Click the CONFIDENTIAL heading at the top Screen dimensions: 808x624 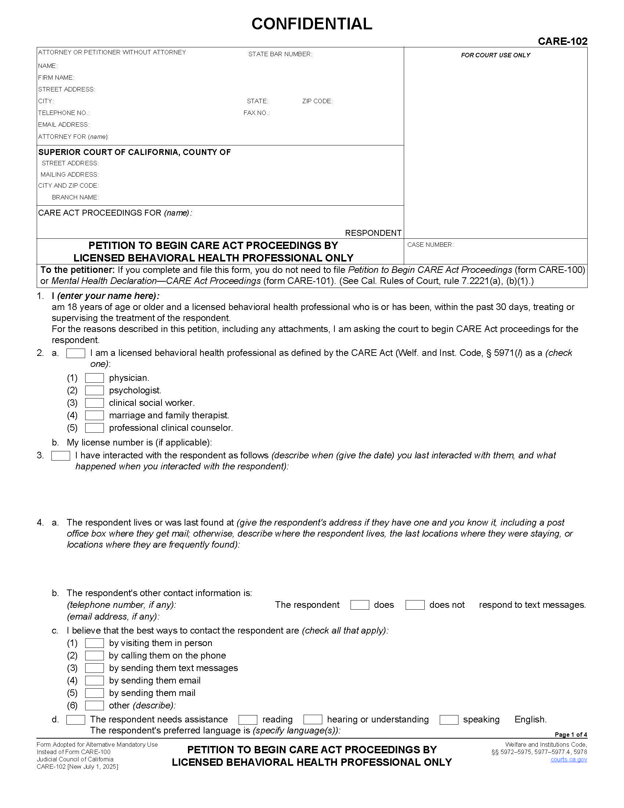coord(312,24)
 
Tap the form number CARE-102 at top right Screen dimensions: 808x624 coord(562,41)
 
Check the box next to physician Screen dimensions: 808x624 coord(94,378)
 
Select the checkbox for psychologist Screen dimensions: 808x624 coord(94,390)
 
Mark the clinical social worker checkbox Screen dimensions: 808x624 coord(94,403)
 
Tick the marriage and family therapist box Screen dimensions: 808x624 coord(94,415)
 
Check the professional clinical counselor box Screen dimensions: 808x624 coord(94,428)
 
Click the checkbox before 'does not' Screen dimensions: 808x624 coord(415,605)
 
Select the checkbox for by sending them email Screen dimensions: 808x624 coord(94,680)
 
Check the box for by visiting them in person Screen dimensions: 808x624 coord(94,643)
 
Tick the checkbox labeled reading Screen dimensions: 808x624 coord(248,719)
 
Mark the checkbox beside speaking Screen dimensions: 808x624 coord(449,719)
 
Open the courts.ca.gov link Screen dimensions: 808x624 coord(569,759)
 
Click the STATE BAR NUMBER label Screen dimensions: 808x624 coord(280,54)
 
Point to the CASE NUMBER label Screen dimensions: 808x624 coord(430,245)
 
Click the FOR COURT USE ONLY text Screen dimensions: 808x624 coord(496,55)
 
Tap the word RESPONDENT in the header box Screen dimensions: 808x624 coord(373,233)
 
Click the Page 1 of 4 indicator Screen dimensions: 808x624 coord(570,735)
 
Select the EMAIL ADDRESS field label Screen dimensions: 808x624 coord(64,125)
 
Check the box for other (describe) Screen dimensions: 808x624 coord(94,706)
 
